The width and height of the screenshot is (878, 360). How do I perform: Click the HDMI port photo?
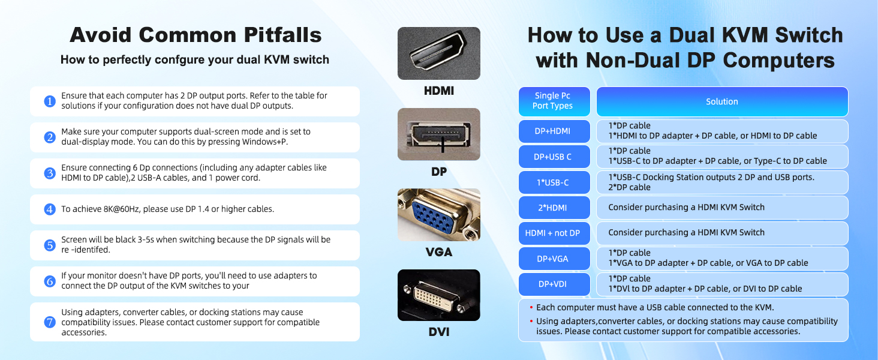[438, 53]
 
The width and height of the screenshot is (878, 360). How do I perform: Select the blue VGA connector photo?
[438, 215]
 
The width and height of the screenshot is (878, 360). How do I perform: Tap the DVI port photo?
[438, 295]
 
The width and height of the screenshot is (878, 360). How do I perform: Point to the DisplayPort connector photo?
[438, 134]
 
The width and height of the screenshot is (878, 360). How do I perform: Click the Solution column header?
[721, 102]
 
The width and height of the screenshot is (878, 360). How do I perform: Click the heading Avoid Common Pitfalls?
[196, 35]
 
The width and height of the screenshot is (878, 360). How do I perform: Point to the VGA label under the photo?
[438, 252]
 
